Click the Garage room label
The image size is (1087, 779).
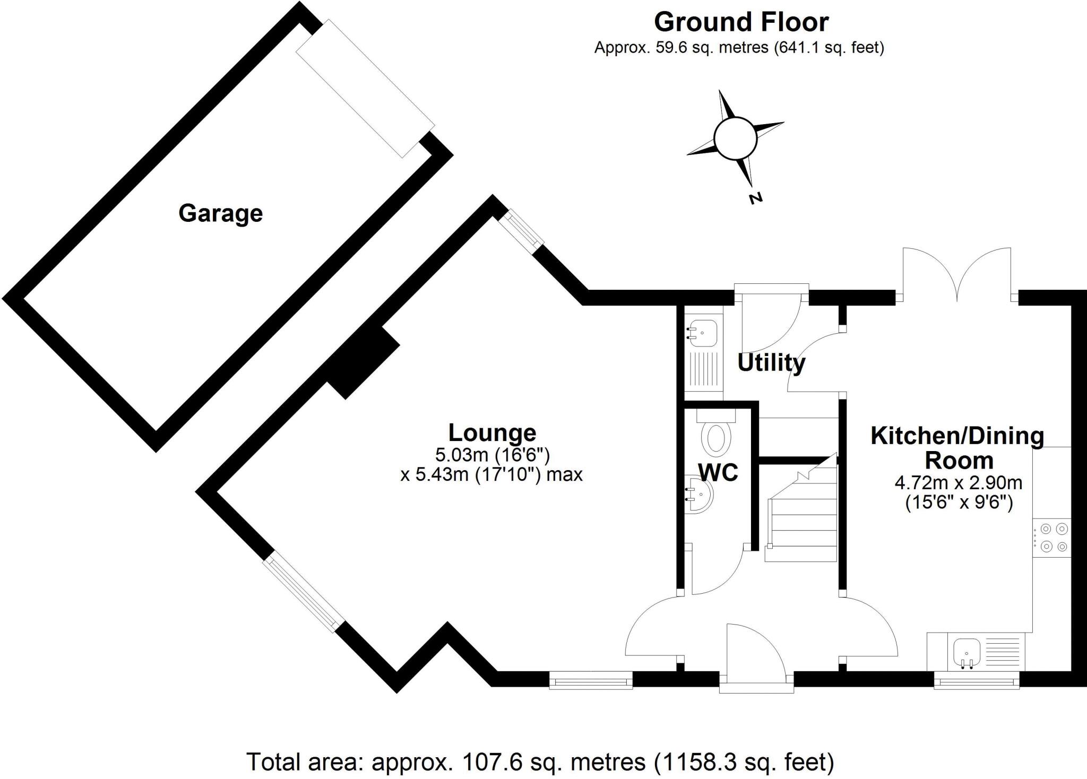click(220, 214)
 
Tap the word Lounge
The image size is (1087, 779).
click(492, 432)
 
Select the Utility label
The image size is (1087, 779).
click(771, 363)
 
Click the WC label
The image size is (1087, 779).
click(718, 472)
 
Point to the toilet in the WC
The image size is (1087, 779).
click(715, 432)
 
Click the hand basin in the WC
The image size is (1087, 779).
click(700, 494)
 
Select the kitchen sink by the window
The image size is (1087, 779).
click(966, 651)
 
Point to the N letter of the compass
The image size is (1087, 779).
click(755, 198)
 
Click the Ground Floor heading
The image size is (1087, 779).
click(741, 22)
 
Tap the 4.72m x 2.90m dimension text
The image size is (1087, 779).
click(959, 483)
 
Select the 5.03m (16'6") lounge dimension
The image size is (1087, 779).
click(492, 455)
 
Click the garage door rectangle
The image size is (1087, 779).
click(365, 88)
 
